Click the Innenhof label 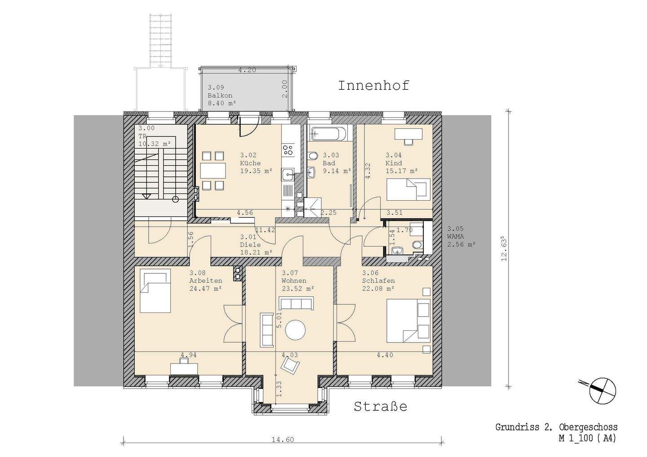coord(373,86)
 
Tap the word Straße coord(381,407)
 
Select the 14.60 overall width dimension coord(283,439)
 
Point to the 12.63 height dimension coord(504,249)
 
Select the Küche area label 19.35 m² coord(256,171)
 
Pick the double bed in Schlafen coord(408,321)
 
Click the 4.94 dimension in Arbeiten coord(188,355)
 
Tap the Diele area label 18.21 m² coord(256,252)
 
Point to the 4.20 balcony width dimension coord(247,70)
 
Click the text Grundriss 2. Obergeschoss coord(556,427)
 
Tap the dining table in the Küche coord(213,171)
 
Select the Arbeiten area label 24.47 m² coord(205,289)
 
